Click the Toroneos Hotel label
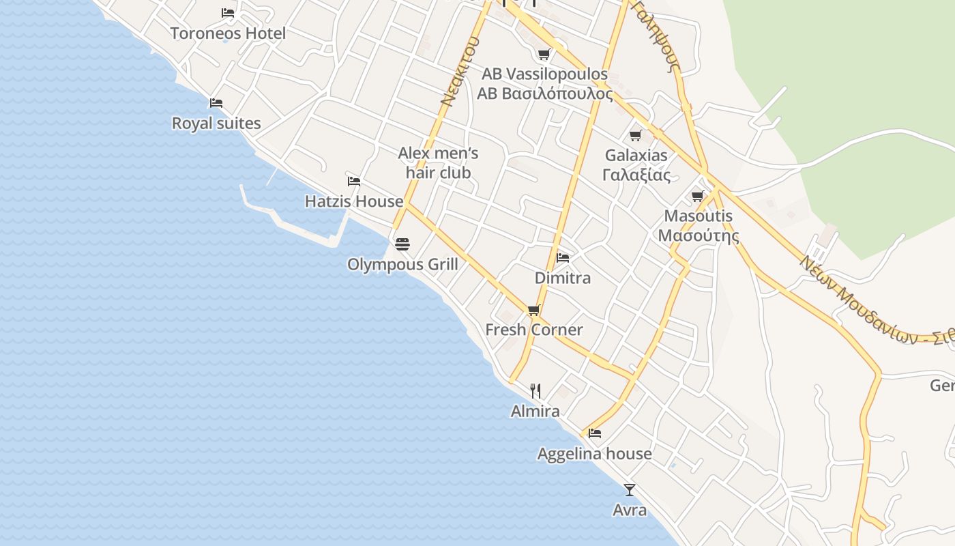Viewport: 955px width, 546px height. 228,33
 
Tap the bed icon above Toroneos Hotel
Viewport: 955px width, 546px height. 228,13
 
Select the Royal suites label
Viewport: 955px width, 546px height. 216,124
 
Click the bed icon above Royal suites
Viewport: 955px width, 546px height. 216,103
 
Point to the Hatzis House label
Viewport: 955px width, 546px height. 354,201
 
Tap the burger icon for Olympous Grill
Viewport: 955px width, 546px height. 402,244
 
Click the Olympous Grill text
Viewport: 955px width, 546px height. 402,264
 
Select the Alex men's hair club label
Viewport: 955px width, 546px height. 438,162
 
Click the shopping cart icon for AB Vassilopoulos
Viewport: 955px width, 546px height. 544,54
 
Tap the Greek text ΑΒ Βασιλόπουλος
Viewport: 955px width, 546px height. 545,94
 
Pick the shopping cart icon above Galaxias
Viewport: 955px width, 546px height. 636,135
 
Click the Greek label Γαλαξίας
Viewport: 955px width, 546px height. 636,175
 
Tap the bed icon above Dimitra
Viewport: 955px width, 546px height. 563,258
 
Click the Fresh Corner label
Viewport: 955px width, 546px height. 534,330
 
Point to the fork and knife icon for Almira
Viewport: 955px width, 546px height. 535,391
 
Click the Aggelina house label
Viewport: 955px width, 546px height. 595,454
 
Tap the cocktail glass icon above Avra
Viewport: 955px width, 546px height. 630,490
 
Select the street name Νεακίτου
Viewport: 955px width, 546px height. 459,72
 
